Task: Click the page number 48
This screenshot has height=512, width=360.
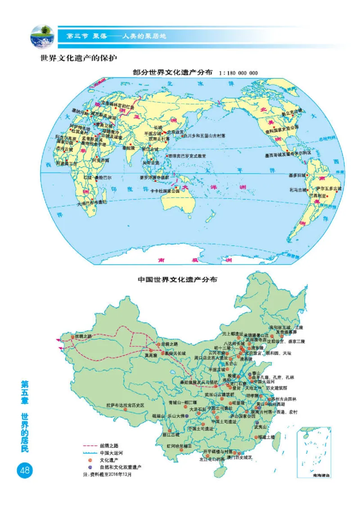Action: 23,471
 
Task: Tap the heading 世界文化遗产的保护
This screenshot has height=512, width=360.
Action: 80,59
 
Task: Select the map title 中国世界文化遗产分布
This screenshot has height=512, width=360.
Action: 177,280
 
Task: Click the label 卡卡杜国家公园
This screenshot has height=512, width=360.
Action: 165,191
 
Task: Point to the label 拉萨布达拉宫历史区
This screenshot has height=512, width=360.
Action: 125,405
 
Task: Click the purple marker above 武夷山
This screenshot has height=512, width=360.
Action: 257,423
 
